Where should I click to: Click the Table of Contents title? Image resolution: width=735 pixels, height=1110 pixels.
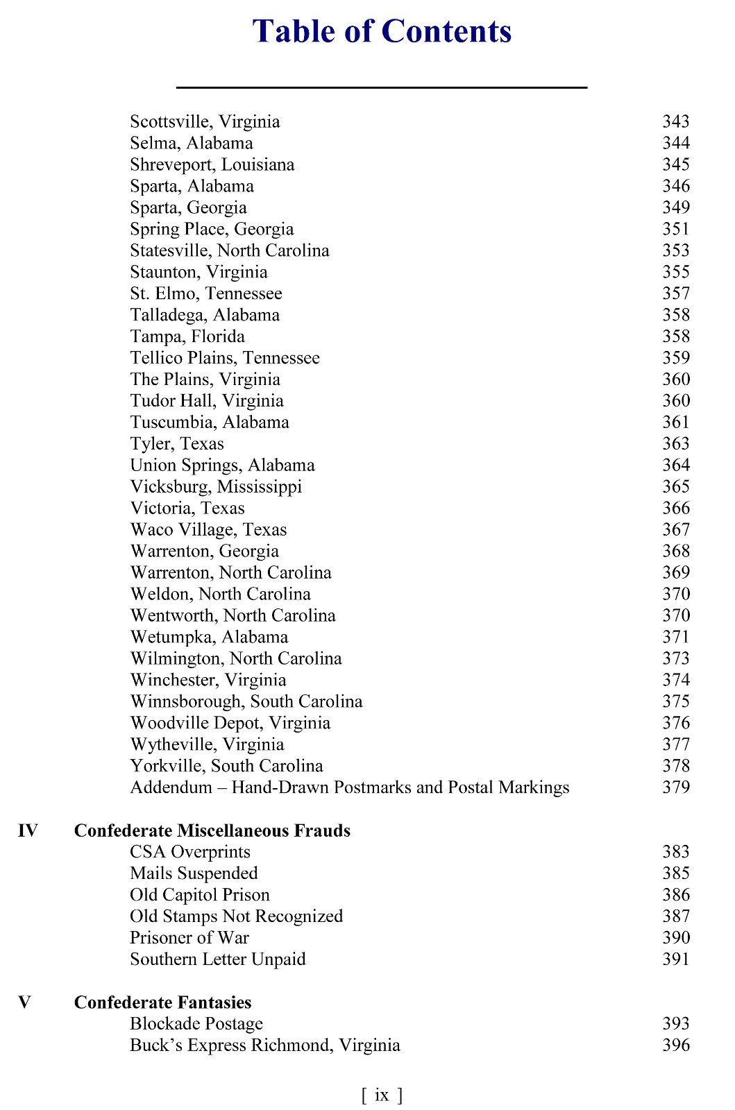click(382, 32)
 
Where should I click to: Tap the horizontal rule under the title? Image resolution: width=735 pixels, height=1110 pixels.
click(382, 87)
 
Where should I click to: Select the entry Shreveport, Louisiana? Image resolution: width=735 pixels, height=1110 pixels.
click(212, 165)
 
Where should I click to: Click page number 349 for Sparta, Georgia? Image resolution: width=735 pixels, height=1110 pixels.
click(675, 207)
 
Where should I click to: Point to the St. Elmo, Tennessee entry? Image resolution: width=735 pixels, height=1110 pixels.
click(205, 293)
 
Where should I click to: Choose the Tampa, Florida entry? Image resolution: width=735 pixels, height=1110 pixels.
click(187, 336)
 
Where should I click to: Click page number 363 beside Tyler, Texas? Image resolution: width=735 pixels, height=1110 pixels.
click(675, 444)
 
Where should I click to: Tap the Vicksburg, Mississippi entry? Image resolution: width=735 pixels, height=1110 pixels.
click(216, 487)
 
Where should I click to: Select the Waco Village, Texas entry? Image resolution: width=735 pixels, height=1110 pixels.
click(208, 530)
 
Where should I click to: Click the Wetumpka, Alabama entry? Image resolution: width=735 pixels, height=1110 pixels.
click(209, 638)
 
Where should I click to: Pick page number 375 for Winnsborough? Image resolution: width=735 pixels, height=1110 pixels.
click(675, 701)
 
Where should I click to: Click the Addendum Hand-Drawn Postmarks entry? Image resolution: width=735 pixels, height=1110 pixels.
click(349, 787)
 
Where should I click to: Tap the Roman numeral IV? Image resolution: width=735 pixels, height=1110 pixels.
click(28, 830)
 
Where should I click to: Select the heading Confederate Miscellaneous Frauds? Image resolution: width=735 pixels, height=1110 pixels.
click(212, 830)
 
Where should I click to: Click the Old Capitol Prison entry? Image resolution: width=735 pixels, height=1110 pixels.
click(199, 895)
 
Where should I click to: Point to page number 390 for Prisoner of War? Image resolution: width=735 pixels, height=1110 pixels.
click(675, 938)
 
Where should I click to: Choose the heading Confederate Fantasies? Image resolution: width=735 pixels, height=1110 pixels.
click(162, 1002)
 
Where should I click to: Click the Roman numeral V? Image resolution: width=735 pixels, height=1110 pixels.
click(24, 1002)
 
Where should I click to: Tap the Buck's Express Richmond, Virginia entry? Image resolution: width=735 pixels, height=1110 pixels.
click(264, 1045)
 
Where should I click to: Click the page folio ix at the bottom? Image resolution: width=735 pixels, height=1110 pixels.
click(382, 1095)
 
